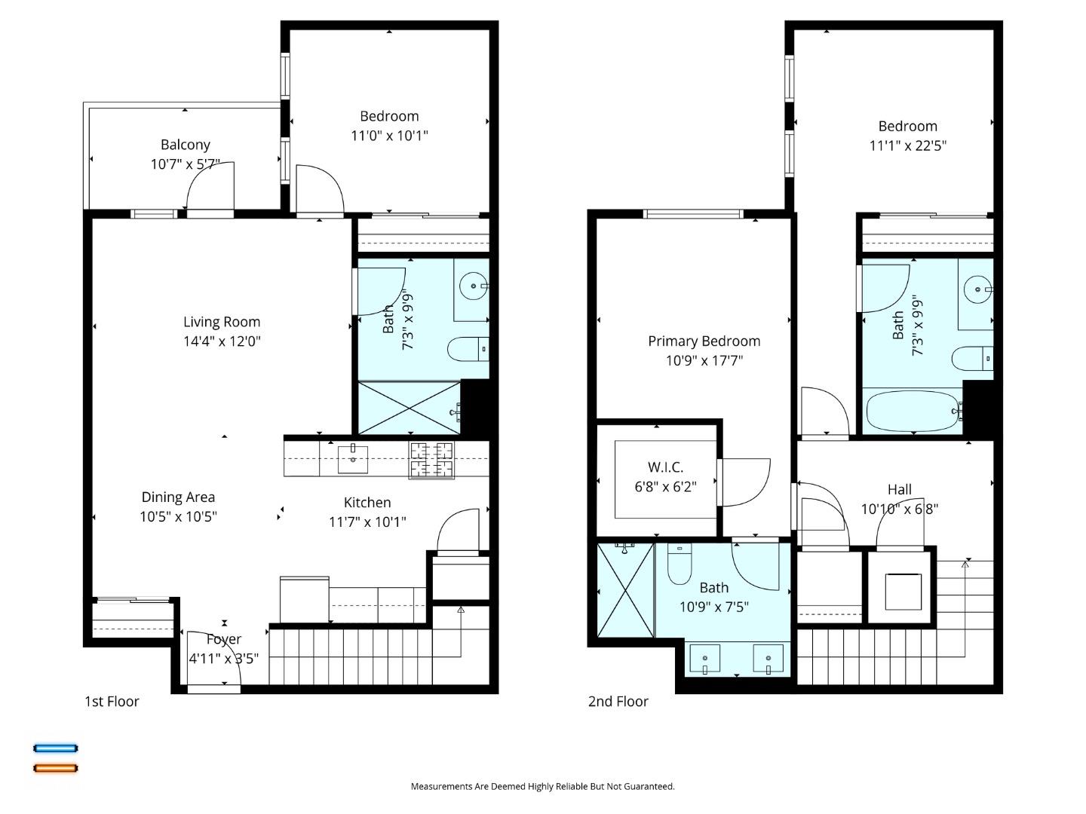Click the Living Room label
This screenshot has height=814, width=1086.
222,322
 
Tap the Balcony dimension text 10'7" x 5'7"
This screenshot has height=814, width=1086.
186,164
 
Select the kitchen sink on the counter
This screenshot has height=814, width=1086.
352,458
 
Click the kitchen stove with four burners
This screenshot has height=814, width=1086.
432,460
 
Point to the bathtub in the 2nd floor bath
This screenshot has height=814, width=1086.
913,412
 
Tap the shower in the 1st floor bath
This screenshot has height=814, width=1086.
408,408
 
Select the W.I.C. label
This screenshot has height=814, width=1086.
665,467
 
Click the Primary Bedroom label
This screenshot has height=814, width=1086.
704,341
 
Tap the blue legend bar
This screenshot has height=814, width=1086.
55,748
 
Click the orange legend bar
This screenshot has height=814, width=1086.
55,768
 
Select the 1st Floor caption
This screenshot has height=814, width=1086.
112,702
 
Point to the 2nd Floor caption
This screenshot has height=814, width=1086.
618,702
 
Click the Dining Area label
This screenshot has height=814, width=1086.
178,497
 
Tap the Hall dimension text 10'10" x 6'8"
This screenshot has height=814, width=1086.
899,509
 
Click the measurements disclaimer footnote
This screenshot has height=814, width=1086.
542,786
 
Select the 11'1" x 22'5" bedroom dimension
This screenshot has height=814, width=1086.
907,145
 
